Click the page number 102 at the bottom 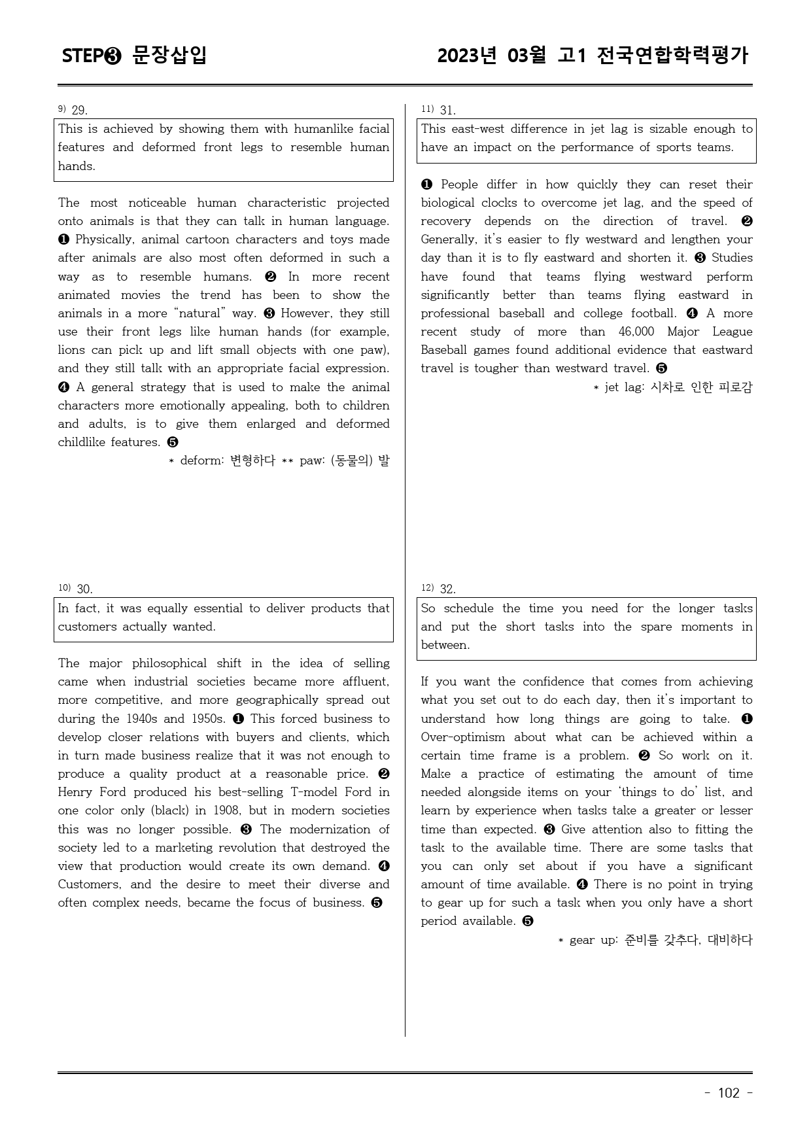pyautogui.click(x=729, y=1093)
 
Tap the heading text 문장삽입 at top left pyautogui.click(x=169, y=56)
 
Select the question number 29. pyautogui.click(x=79, y=110)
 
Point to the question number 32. pyautogui.click(x=447, y=589)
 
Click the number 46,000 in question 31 pyautogui.click(x=636, y=332)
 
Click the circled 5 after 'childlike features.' pyautogui.click(x=173, y=442)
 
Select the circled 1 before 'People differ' pyautogui.click(x=427, y=184)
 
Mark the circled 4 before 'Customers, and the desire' pyautogui.click(x=383, y=866)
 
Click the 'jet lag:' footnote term pyautogui.click(x=625, y=387)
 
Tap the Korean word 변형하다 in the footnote pyautogui.click(x=252, y=460)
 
